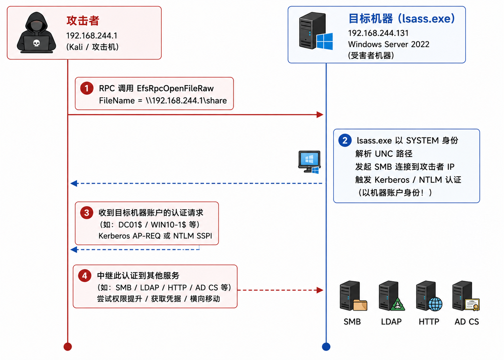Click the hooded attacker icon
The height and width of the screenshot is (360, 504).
point(36,33)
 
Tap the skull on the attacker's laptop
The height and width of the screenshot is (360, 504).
point(36,43)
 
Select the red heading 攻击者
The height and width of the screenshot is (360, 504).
point(83,21)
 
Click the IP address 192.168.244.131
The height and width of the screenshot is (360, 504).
point(378,33)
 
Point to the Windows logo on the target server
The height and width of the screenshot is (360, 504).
point(325,41)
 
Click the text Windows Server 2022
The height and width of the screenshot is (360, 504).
point(389,44)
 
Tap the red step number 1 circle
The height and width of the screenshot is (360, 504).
point(87,88)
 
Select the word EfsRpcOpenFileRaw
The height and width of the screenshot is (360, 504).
point(175,88)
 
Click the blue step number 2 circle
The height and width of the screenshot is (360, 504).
point(345,140)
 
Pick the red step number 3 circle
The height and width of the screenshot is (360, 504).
point(87,213)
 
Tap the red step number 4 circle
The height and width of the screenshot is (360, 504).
point(85,275)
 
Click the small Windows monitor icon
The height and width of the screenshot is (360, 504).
point(309,162)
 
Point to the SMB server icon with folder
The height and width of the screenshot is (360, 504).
point(353,296)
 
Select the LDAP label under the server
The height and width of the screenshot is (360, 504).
point(391,322)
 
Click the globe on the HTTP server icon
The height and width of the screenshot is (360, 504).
point(435,304)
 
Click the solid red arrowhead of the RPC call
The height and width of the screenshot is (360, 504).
point(320,114)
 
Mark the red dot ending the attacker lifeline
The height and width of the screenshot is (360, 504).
point(68,346)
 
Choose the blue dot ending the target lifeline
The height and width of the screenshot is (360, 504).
point(326,346)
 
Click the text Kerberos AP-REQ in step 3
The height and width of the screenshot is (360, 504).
point(129,236)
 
